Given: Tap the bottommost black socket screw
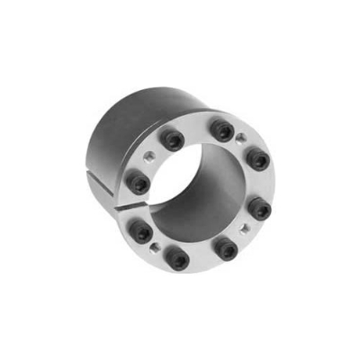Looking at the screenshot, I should tap(180, 260).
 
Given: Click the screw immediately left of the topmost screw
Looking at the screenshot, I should tap(172, 140).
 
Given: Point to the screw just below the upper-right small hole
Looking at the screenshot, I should tap(256, 162).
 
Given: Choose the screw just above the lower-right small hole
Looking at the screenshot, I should tap(259, 209).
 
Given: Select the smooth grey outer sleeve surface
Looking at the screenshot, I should tap(126, 135).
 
